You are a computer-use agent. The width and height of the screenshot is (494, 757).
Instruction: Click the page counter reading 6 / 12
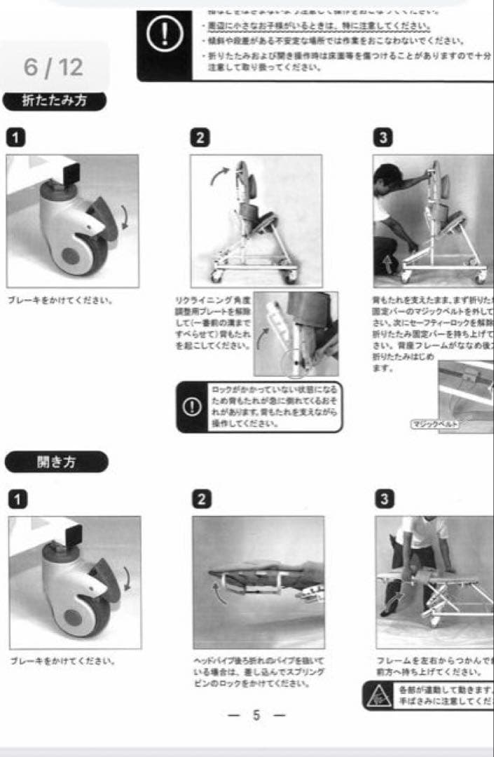pos(53,67)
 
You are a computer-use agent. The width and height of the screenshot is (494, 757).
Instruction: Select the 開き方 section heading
pos(56,462)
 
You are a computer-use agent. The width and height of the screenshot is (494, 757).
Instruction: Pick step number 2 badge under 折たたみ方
pos(200,137)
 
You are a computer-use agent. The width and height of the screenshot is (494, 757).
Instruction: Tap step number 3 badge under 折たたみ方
pos(383,137)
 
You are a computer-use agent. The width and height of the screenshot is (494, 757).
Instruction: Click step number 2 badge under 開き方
pos(201,499)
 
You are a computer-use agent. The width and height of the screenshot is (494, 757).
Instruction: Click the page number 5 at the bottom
pos(257,716)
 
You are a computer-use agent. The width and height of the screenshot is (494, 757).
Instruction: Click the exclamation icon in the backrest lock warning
pos(191,407)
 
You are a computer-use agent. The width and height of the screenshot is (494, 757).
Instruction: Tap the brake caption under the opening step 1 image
pos(62,661)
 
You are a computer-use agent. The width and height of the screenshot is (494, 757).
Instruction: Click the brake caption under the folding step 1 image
pos(60,300)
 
